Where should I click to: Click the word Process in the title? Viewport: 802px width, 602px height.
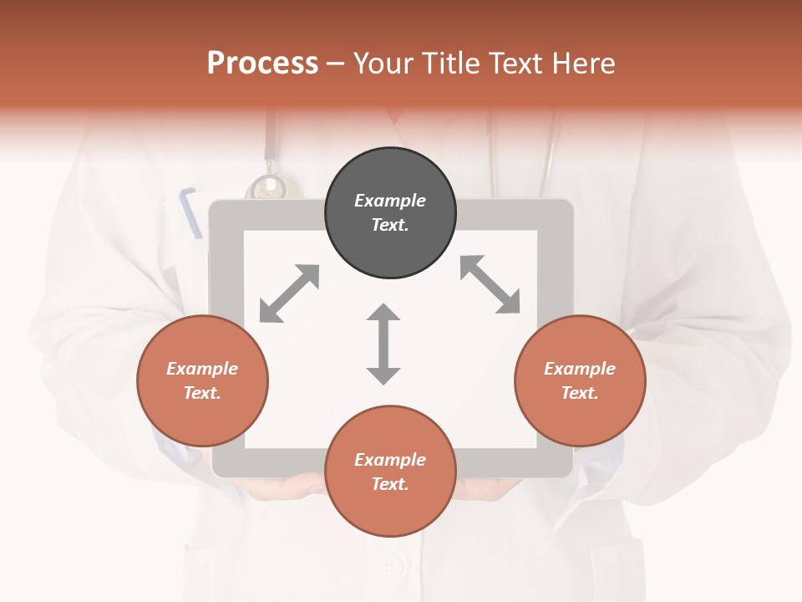click(x=262, y=64)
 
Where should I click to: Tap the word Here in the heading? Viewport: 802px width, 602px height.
click(x=582, y=64)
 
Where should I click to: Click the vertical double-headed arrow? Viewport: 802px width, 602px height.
click(x=383, y=344)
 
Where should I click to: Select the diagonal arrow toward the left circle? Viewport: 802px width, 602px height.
click(x=289, y=293)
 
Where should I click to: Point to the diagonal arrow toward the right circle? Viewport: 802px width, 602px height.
click(x=490, y=284)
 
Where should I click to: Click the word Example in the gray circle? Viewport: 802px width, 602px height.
click(x=390, y=201)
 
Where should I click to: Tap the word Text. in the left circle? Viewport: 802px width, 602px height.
click(x=202, y=393)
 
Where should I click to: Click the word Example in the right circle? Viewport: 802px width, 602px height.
click(x=580, y=369)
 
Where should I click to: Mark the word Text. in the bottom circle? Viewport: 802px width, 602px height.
click(x=390, y=484)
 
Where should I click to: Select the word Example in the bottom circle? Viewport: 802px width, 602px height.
click(x=390, y=460)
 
